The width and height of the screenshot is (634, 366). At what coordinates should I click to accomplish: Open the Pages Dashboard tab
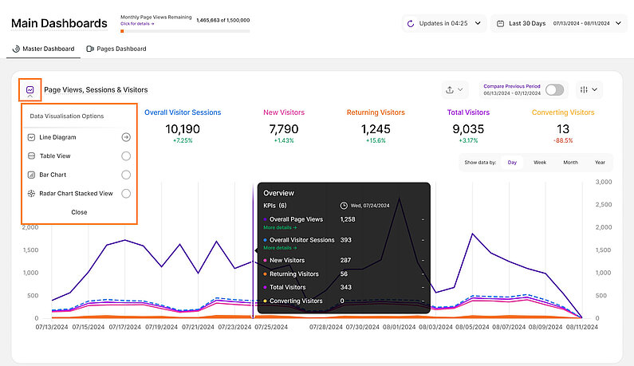(116, 49)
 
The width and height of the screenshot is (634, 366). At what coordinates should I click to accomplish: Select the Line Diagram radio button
(126, 137)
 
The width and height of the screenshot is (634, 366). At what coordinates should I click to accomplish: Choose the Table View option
(126, 156)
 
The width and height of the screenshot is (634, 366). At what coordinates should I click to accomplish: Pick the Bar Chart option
(126, 175)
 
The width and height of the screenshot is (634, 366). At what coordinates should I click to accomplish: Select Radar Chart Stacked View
(126, 194)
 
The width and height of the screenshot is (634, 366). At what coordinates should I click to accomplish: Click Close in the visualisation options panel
(79, 212)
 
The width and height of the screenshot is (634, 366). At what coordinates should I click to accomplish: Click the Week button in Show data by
(540, 162)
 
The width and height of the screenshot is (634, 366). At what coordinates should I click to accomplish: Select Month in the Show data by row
(570, 162)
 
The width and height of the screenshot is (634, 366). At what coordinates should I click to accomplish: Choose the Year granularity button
(599, 162)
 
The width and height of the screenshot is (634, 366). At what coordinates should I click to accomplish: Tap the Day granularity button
(512, 162)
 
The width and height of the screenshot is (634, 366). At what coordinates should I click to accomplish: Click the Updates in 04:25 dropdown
(443, 23)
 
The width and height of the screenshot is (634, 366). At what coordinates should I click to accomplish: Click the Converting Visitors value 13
(563, 129)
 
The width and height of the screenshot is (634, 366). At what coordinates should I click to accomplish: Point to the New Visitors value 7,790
(283, 129)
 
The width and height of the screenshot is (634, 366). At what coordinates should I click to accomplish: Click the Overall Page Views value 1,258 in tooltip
(348, 218)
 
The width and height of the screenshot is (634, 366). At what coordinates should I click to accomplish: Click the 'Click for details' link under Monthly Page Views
(136, 23)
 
